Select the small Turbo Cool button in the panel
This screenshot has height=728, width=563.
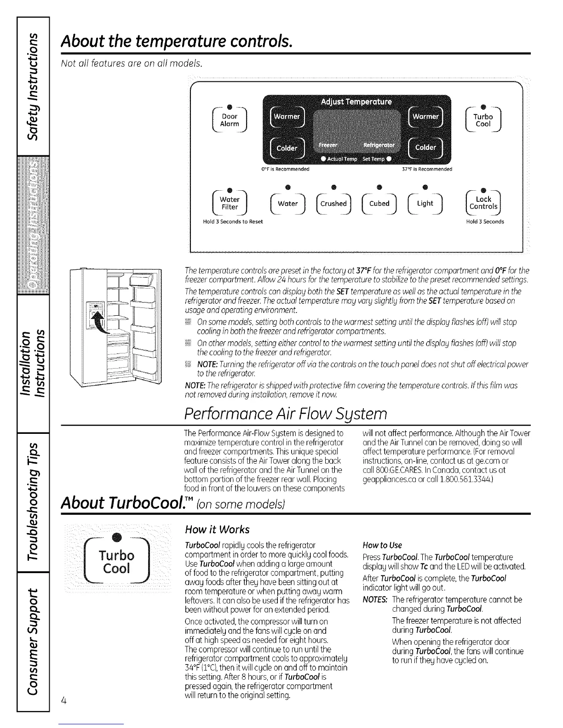(483, 120)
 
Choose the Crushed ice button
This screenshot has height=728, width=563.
(333, 204)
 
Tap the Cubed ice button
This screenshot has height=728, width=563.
(379, 204)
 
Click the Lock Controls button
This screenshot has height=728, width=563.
(483, 203)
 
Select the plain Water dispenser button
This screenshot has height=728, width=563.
(288, 204)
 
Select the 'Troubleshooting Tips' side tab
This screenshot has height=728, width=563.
(32, 501)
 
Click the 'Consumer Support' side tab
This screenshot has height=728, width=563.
(32, 640)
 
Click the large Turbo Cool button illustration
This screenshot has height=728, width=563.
(117, 561)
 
